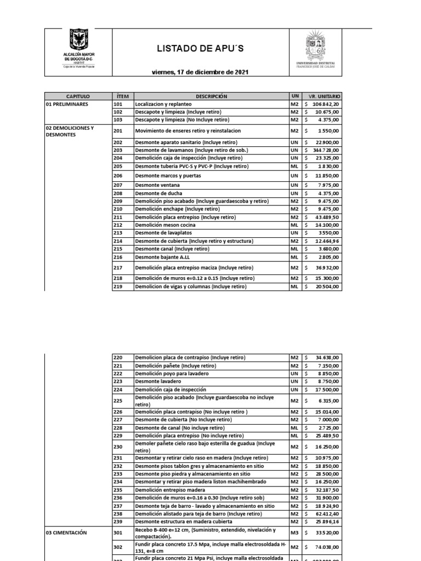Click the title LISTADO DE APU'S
[200, 49]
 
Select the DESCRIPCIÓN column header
[210, 96]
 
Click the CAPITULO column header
[78, 96]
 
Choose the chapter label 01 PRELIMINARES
[66, 104]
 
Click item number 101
[118, 104]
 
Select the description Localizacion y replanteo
[163, 104]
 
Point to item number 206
[118, 176]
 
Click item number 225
[118, 400]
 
